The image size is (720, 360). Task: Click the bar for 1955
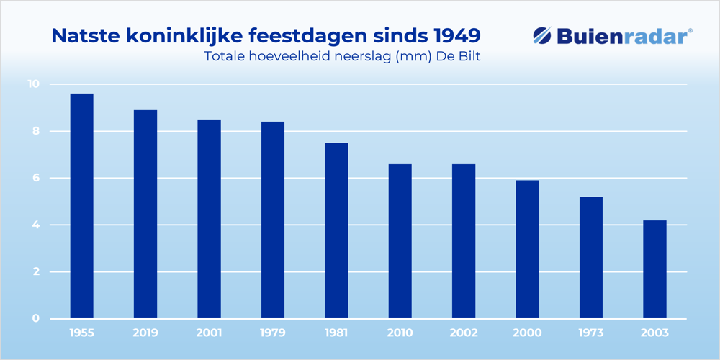(x=81, y=206)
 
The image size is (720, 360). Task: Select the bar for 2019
(x=145, y=214)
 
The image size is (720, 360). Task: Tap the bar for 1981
(x=336, y=230)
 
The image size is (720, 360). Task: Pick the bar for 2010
(x=400, y=241)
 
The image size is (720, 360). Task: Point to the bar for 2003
(x=654, y=269)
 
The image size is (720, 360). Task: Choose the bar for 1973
(x=590, y=257)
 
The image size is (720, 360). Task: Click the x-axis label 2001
(x=209, y=333)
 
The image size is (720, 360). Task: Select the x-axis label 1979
(x=273, y=333)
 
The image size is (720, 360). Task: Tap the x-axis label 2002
(x=464, y=333)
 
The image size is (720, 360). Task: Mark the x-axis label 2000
(x=527, y=333)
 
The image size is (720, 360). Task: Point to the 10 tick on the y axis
(x=33, y=84)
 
